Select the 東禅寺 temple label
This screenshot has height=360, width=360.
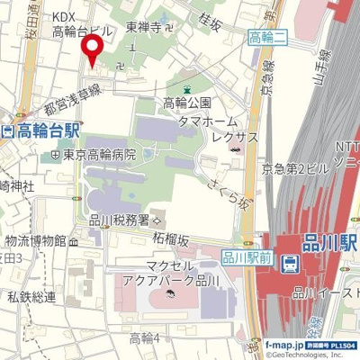144,28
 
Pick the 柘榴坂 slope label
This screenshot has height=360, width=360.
170,239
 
